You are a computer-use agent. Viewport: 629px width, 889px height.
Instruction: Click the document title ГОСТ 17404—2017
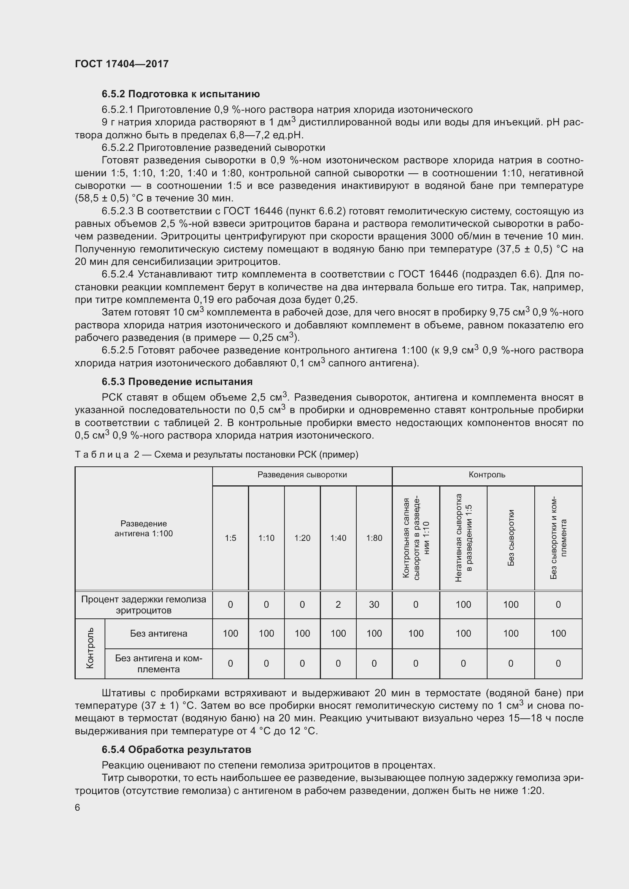tap(122, 64)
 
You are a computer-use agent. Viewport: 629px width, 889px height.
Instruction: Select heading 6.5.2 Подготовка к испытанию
tap(181, 94)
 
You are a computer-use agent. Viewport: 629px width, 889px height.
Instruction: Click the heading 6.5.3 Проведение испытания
tap(177, 382)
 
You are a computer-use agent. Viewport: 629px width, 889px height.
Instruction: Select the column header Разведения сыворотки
tap(302, 475)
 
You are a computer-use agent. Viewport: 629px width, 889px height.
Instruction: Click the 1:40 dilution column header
tap(338, 538)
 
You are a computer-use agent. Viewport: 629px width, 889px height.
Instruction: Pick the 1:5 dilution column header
tap(230, 538)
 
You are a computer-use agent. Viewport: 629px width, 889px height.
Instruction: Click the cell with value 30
tap(374, 604)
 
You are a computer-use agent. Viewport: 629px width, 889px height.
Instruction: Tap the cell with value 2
tap(338, 604)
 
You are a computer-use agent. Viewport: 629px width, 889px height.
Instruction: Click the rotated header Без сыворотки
tap(511, 538)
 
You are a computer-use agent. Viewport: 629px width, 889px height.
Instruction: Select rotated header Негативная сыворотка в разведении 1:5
tap(463, 538)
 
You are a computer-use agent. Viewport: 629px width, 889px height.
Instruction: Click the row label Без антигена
tap(159, 634)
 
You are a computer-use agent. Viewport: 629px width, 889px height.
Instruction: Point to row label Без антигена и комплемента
tap(159, 664)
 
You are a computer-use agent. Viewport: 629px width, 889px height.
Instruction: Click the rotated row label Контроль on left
tap(90, 648)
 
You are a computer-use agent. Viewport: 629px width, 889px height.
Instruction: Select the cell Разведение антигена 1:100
tap(144, 529)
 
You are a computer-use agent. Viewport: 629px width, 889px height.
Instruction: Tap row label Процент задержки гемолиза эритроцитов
tap(144, 604)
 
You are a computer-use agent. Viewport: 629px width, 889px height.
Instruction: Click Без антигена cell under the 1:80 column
tap(374, 634)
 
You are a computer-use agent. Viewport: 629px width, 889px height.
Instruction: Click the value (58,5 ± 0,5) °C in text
tap(102, 198)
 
